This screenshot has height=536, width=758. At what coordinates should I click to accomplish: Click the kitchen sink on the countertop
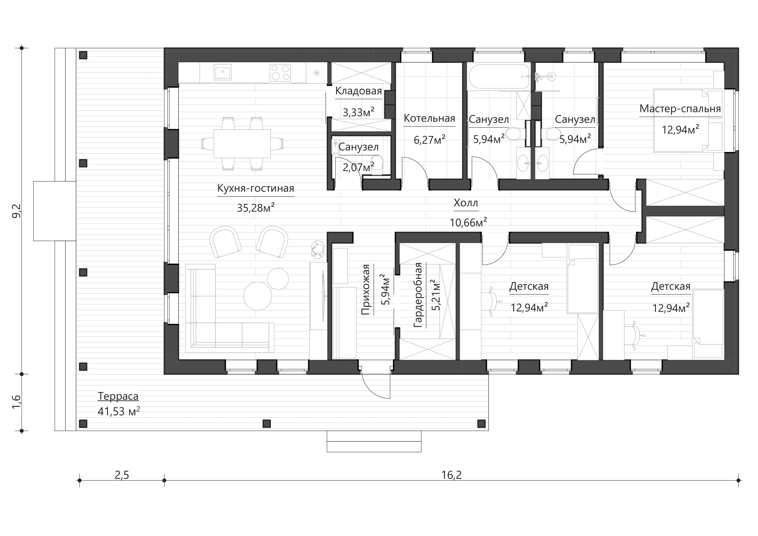[x=223, y=72]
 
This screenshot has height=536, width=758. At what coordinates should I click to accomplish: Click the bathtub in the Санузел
[x=499, y=77]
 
